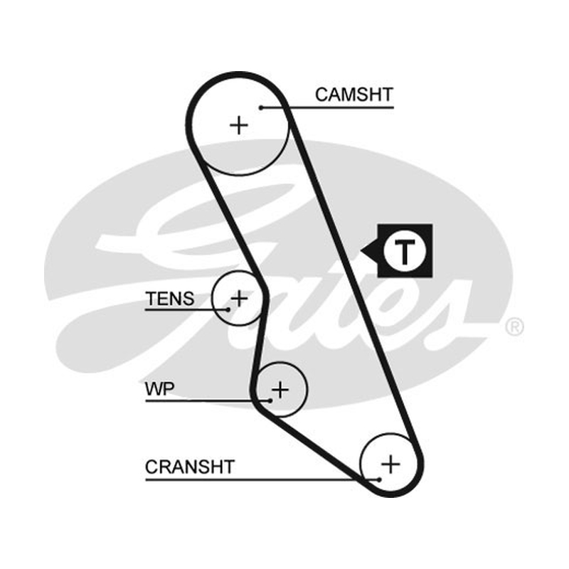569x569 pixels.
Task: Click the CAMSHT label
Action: (353, 95)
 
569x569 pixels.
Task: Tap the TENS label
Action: (170, 299)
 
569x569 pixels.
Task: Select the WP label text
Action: (159, 388)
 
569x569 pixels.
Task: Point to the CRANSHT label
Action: (190, 467)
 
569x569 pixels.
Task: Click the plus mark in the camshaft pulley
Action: (239, 126)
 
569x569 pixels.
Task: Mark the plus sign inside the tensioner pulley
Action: (239, 298)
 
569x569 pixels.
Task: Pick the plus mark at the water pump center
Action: (280, 390)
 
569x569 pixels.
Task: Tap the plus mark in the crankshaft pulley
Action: (390, 464)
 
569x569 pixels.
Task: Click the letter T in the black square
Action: (404, 251)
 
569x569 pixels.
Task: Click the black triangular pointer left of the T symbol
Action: (369, 251)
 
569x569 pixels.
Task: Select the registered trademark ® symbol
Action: (514, 326)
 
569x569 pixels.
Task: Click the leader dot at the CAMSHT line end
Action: (261, 107)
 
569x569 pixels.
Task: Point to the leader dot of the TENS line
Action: (228, 309)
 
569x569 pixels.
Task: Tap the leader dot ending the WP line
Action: (270, 400)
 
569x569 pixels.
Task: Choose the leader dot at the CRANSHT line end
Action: (379, 479)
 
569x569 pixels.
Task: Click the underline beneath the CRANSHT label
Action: (262, 479)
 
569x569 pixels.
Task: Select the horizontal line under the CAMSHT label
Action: (327, 107)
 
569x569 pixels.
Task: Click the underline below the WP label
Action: (208, 400)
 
